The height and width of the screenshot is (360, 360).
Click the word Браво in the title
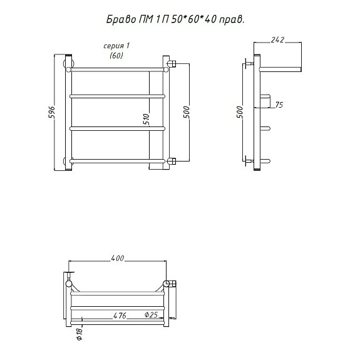(121, 20)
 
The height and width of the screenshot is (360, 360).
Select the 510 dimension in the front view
(146, 119)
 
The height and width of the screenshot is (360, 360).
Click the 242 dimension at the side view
(277, 39)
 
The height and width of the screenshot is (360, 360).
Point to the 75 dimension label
(279, 105)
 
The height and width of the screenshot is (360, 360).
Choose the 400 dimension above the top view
(117, 259)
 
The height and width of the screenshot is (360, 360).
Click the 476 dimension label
(120, 316)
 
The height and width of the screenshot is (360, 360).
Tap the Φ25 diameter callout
(152, 314)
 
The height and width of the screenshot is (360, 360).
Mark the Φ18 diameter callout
(80, 334)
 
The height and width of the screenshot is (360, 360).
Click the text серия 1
(116, 46)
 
